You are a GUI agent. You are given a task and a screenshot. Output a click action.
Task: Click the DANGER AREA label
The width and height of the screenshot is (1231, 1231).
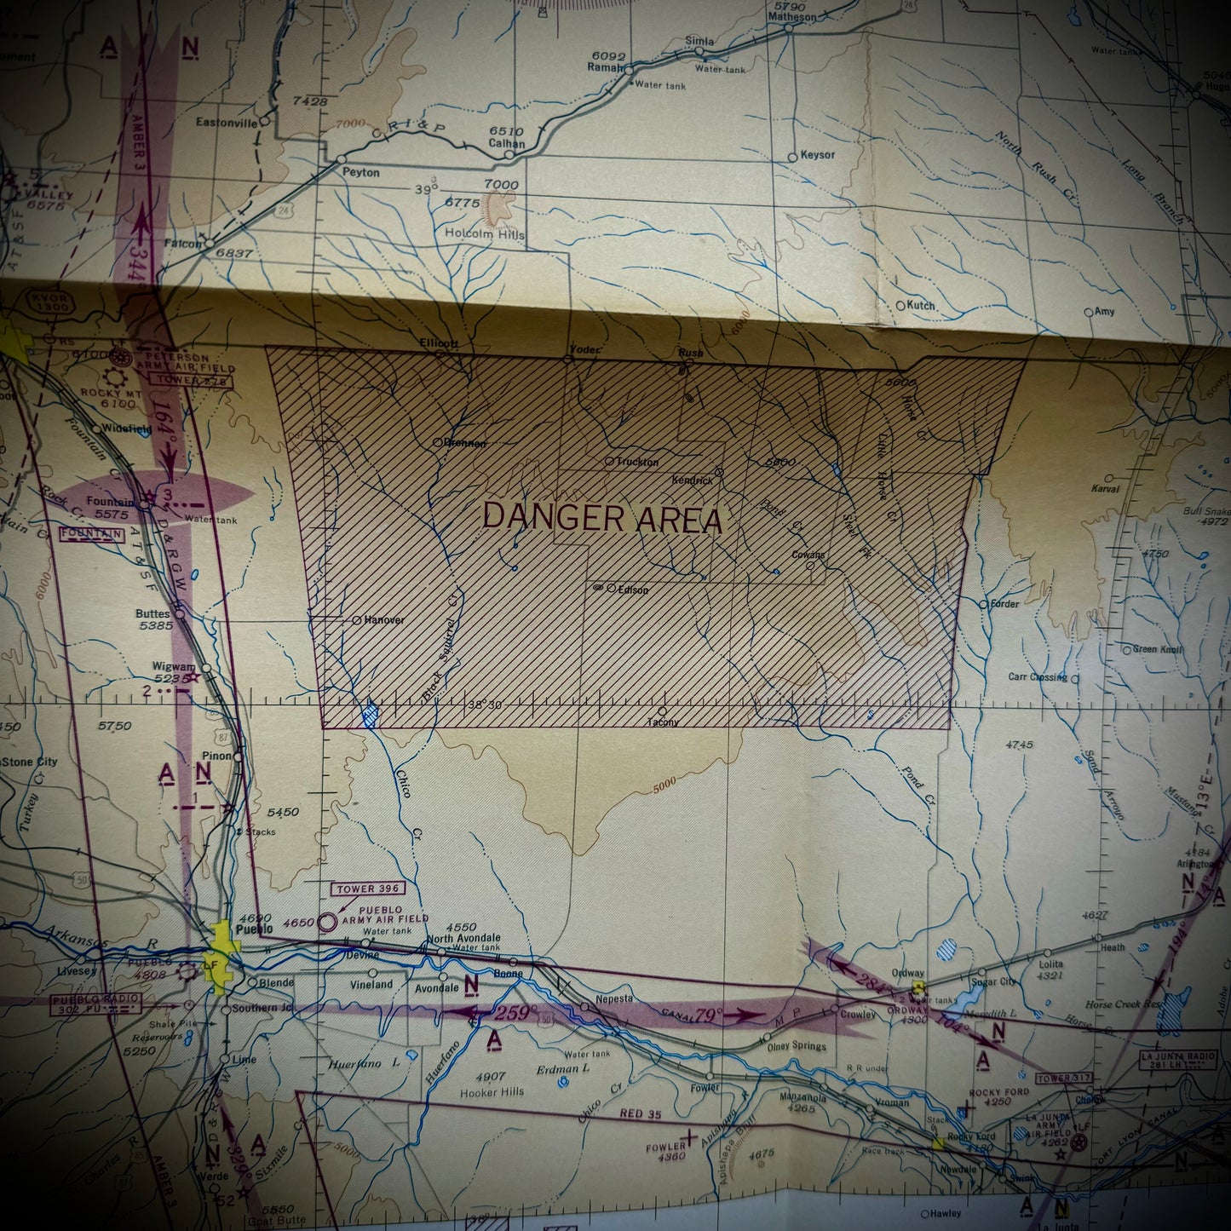[x=602, y=518]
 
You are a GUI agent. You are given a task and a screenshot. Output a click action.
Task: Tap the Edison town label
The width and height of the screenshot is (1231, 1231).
[x=633, y=590]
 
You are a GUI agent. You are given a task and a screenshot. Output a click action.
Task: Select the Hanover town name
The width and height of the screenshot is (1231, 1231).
[x=383, y=620]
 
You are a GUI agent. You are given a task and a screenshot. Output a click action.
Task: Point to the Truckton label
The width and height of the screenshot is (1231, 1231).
[x=637, y=462]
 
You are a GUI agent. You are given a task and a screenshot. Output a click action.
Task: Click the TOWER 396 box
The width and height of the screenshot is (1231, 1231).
[x=368, y=889]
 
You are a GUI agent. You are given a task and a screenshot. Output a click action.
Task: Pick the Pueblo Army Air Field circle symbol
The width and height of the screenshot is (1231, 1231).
[x=327, y=922]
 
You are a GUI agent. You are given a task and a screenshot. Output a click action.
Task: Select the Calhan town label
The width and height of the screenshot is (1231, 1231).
[x=506, y=143]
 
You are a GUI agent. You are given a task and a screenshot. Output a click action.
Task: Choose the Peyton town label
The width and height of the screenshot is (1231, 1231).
[x=360, y=172]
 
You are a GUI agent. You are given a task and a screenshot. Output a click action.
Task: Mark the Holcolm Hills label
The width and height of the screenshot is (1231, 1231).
[x=485, y=233]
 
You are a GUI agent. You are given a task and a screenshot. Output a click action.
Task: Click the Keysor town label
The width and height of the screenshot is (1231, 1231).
[x=817, y=155]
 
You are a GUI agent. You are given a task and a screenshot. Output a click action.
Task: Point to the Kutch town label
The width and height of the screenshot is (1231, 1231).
[x=921, y=305]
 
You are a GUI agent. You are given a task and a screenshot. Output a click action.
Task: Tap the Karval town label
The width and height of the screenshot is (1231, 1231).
[x=1105, y=489]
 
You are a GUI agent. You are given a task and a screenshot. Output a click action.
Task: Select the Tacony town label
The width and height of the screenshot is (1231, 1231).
[x=663, y=722]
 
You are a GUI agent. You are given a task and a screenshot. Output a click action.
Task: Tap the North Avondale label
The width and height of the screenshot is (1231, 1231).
[x=463, y=939]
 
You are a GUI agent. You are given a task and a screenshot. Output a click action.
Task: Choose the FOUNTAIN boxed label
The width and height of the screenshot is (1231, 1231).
[x=92, y=535]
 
